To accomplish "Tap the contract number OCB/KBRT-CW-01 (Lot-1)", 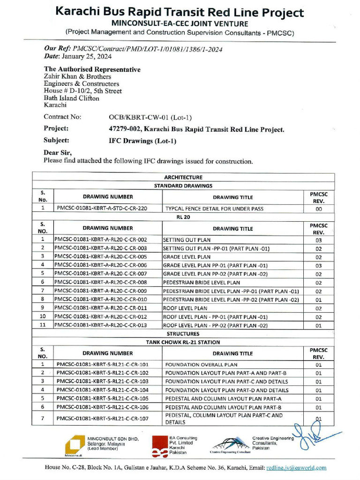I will click(150, 117).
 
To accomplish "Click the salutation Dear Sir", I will click(58, 152).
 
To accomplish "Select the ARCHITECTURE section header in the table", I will click(183, 178).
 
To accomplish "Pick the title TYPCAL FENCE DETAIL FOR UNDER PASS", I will click(214, 209).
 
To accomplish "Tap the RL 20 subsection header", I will click(183, 217).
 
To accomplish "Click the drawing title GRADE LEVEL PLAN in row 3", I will click(187, 257).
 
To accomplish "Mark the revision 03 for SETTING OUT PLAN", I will click(318, 240).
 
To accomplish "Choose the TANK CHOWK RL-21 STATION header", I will click(183, 342).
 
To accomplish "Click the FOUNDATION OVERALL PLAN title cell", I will click(201, 364).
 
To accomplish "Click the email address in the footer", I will click(296, 468).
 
